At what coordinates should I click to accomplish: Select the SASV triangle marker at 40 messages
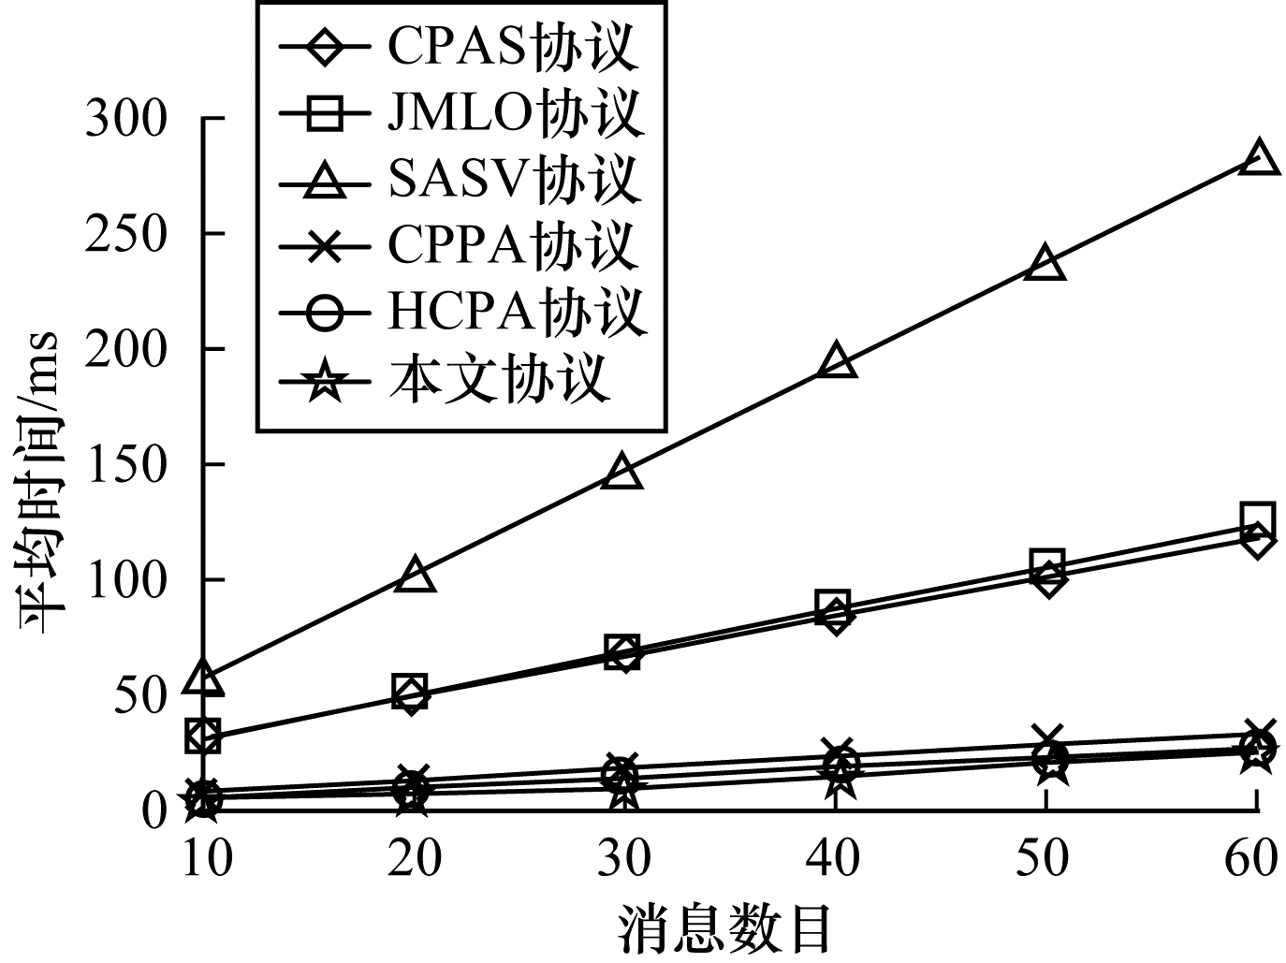click(x=836, y=362)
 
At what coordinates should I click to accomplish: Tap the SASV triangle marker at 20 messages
click(x=415, y=575)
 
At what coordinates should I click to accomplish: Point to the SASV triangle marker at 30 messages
click(x=623, y=472)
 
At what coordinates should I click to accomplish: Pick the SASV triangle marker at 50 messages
click(x=1045, y=264)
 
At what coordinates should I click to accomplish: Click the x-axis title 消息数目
click(x=725, y=927)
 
